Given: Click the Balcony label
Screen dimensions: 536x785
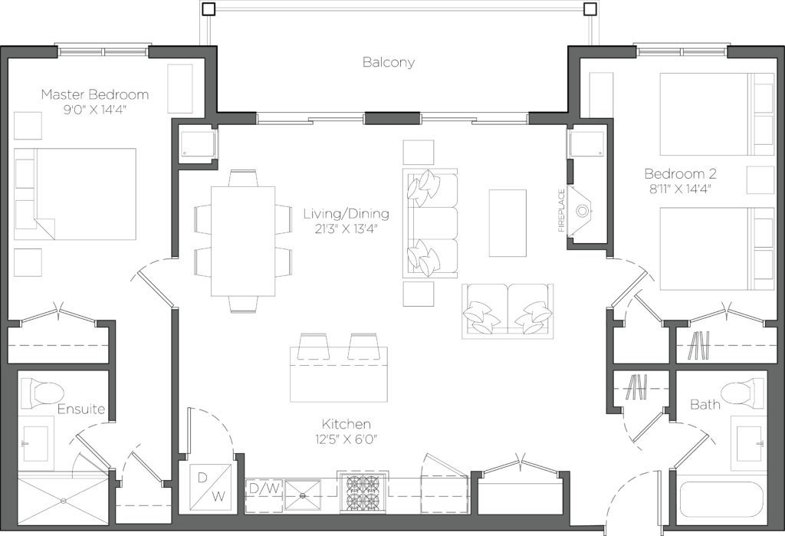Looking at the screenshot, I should [x=389, y=62].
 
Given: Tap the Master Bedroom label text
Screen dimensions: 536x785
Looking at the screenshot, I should [x=94, y=94].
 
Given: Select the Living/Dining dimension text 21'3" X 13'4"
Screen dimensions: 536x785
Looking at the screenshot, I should [x=346, y=229].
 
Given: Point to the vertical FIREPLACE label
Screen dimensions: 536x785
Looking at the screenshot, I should [x=561, y=210].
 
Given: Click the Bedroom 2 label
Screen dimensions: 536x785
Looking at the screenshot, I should [x=680, y=173].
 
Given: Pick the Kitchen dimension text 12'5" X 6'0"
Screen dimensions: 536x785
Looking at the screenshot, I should [x=347, y=439].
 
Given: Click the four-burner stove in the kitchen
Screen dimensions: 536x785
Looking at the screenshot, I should [x=363, y=493].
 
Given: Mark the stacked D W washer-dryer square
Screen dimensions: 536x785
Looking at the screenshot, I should [x=210, y=487].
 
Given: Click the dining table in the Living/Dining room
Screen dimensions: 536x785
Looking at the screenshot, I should [x=243, y=240].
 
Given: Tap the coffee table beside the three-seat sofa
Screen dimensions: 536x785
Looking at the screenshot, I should [x=507, y=222].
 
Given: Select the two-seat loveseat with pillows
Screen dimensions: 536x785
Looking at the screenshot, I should [x=507, y=310].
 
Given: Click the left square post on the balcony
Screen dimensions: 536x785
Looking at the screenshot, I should [x=209, y=10].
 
